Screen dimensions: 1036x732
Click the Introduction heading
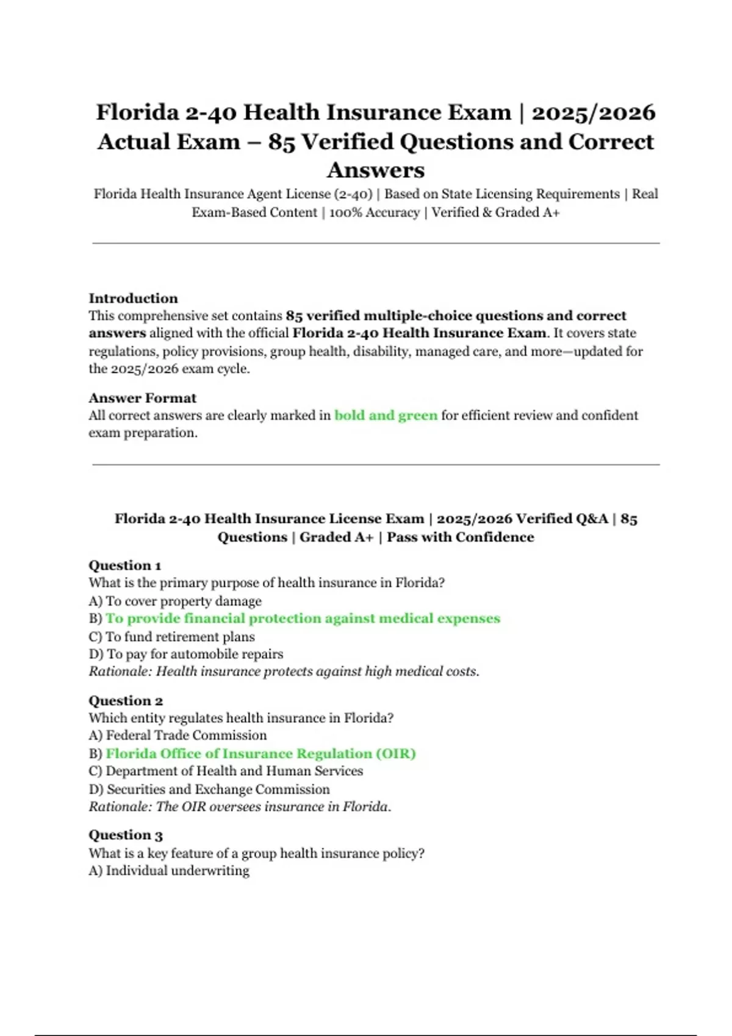point(133,298)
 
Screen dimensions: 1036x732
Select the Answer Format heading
point(142,398)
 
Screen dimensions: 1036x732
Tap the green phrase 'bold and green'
point(386,415)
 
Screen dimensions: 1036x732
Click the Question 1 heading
point(125,565)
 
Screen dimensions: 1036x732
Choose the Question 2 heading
point(126,700)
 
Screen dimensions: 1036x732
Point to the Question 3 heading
point(126,835)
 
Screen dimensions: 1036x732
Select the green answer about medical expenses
point(303,618)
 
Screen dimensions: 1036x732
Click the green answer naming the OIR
point(260,753)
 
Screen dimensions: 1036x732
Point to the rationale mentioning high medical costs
point(284,671)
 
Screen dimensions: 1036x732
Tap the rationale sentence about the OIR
point(240,806)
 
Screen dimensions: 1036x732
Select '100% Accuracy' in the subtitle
point(375,212)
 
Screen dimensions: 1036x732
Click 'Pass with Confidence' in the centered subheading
point(460,537)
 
